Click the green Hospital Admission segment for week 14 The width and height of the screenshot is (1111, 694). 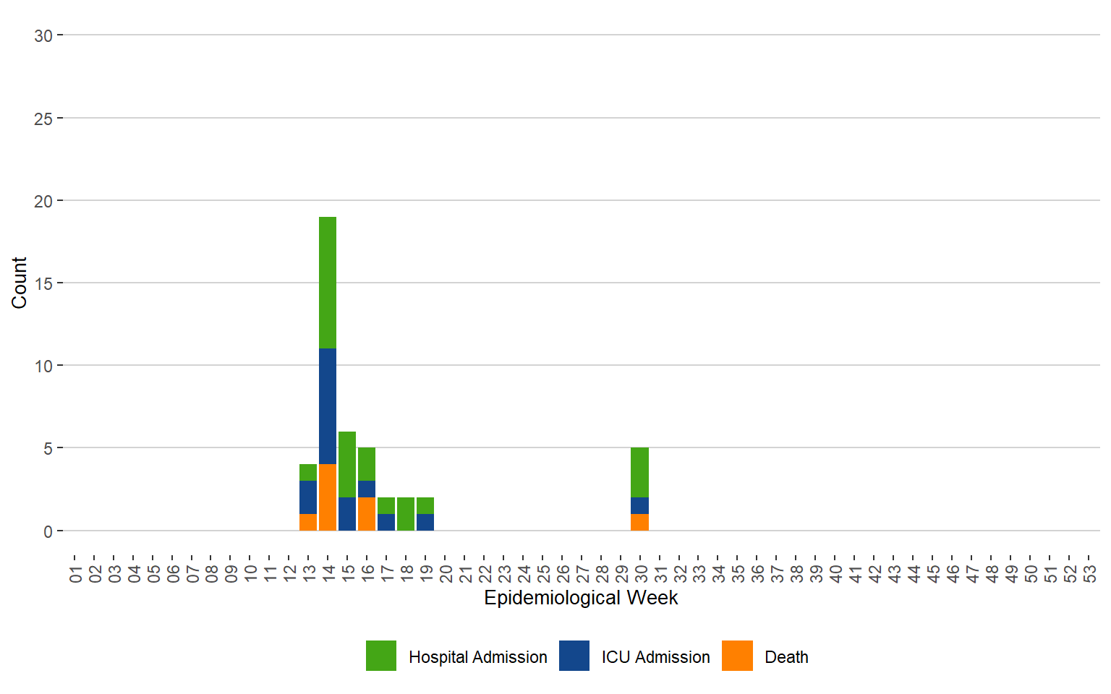[328, 283]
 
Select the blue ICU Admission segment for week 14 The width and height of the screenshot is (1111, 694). [328, 406]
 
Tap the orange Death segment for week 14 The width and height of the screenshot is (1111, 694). [328, 497]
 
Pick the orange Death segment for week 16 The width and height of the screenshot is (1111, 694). [367, 514]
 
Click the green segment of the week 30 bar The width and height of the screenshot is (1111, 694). [639, 472]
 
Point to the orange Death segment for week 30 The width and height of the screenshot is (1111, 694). [639, 522]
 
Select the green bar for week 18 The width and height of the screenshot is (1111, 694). [406, 514]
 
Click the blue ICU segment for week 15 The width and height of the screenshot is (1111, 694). [347, 514]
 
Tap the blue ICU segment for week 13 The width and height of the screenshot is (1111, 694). [308, 497]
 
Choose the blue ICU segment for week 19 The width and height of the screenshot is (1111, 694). [425, 522]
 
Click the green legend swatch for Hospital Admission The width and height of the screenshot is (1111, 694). [381, 656]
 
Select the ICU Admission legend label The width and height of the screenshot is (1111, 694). [655, 657]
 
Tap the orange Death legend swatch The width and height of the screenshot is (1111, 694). [737, 656]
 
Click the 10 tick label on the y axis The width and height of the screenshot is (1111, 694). [43, 367]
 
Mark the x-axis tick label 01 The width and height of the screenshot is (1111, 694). [75, 574]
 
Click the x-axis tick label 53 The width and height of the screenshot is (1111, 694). [1090, 574]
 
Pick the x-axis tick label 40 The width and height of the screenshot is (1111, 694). [836, 574]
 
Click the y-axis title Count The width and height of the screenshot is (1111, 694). [19, 283]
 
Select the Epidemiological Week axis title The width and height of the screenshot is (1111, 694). [581, 598]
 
